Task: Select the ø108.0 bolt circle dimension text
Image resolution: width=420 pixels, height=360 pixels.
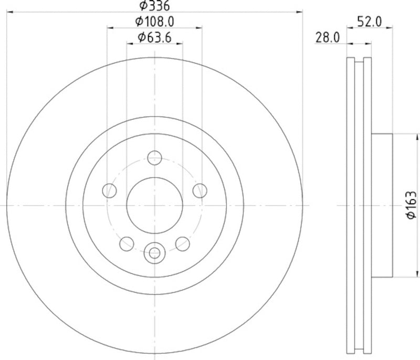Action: point(155,22)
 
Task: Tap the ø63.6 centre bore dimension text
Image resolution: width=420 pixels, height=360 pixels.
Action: point(155,37)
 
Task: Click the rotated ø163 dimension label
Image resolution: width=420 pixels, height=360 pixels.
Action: point(411,205)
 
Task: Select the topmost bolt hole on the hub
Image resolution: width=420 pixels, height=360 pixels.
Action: point(154,157)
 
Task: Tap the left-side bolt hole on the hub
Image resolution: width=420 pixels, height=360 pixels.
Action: point(109,190)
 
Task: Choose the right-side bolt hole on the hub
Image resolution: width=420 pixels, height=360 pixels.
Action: point(199,190)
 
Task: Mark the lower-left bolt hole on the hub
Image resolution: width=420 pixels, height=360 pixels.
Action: point(127,243)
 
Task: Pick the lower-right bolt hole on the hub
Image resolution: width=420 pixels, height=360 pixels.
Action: point(182,243)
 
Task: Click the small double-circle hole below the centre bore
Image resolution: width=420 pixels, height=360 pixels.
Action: point(154,252)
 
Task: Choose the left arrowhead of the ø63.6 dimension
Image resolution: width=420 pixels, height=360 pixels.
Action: point(129,43)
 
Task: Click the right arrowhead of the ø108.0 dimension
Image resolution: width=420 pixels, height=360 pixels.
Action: point(199,27)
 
